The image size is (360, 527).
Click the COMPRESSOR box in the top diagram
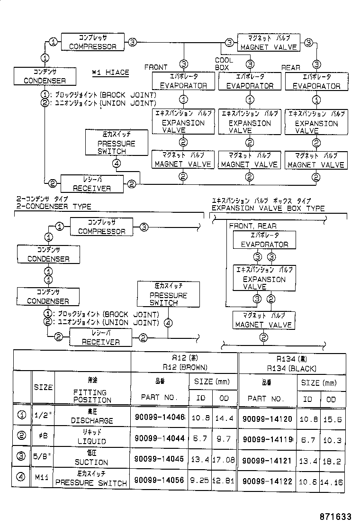point(93,42)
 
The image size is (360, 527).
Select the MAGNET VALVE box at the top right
point(269,42)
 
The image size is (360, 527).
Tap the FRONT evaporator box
point(183,81)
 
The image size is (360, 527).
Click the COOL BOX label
point(224,64)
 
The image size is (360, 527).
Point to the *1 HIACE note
point(110,73)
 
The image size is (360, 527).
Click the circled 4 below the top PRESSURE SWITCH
point(117,164)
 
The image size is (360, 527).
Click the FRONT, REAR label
point(252,226)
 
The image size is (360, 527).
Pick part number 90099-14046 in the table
point(159,418)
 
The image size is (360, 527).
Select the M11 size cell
point(43,479)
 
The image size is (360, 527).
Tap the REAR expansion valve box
point(316,122)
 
